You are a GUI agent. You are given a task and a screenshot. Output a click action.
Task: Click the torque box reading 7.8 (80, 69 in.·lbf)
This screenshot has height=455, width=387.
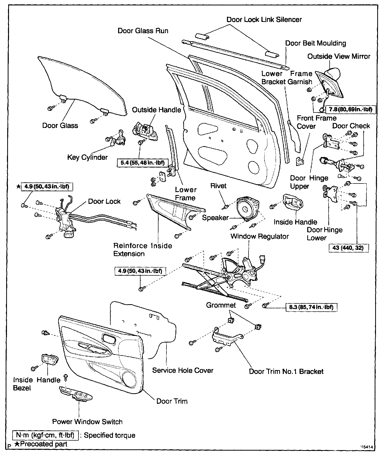pos(351,109)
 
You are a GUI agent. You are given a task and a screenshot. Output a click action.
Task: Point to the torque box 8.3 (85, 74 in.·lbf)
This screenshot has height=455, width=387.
pos(311,307)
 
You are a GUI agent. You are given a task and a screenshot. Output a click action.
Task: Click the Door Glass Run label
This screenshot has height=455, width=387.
pos(143,31)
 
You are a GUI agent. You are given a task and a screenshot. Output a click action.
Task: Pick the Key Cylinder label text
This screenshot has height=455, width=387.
pos(87,157)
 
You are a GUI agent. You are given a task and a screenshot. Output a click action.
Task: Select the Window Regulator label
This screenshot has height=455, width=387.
pos(260,236)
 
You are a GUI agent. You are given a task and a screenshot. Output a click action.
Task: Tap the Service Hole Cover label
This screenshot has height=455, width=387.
pos(183,370)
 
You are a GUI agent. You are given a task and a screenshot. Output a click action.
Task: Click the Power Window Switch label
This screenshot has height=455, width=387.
pos(87,422)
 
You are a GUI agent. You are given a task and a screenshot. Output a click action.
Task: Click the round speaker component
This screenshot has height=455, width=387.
pos(247,208)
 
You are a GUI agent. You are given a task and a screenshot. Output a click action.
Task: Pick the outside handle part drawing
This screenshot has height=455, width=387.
pos(145,130)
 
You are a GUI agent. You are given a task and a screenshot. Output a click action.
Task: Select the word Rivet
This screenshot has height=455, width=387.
pos(218,186)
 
